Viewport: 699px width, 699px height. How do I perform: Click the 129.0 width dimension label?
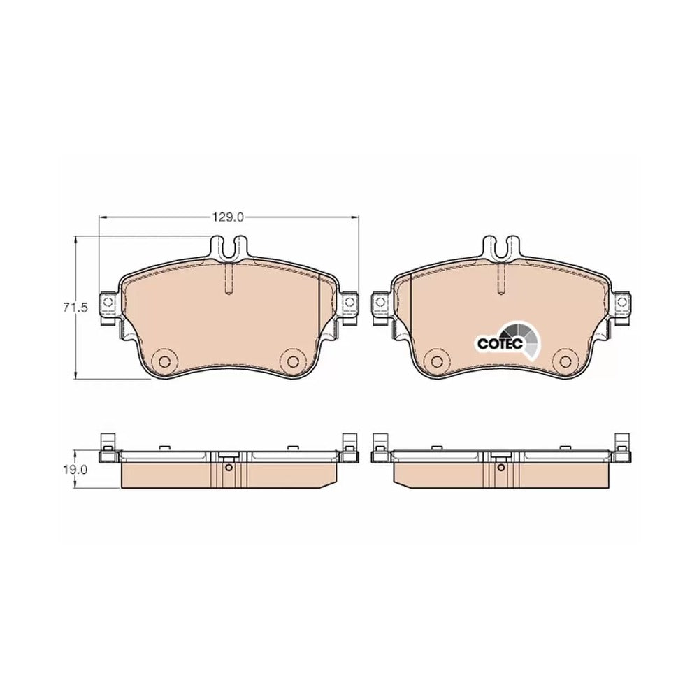coord(228,217)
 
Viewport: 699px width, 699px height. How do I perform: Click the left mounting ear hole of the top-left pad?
coord(108,303)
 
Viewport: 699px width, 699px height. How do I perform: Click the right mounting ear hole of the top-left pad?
coord(349,303)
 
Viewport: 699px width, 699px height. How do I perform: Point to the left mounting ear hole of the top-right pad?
coord(380,303)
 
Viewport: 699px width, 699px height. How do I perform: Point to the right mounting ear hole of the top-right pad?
coord(622,303)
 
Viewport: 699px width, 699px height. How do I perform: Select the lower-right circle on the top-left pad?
coord(293,361)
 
